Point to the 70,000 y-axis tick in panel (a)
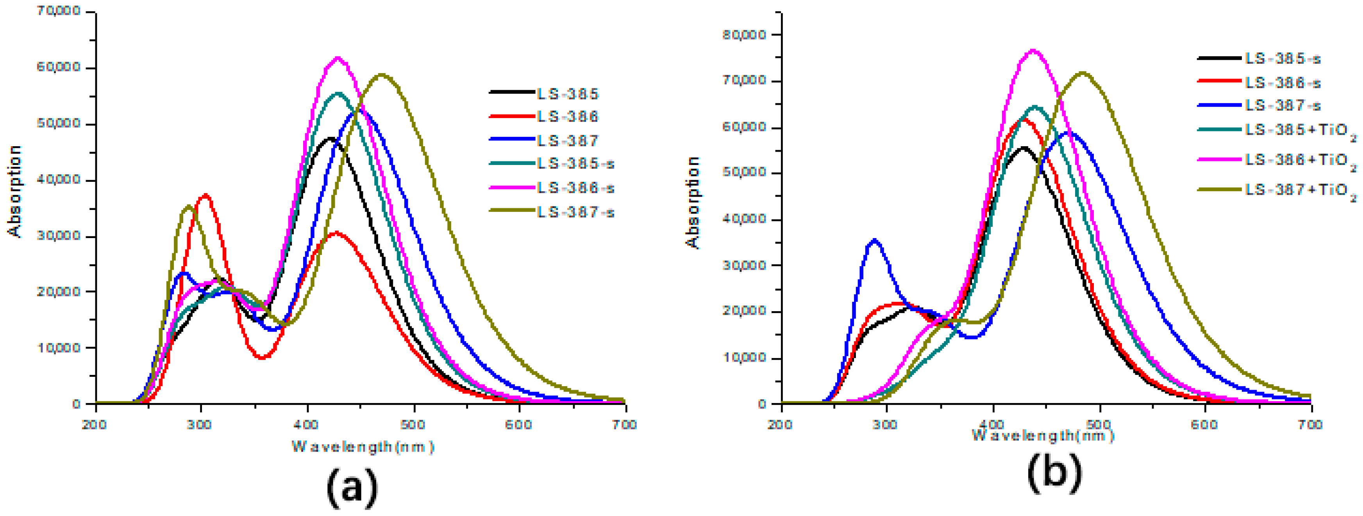[58, 11]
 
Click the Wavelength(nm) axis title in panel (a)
[363, 447]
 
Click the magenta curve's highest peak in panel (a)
[338, 58]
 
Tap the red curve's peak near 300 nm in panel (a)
[206, 195]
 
